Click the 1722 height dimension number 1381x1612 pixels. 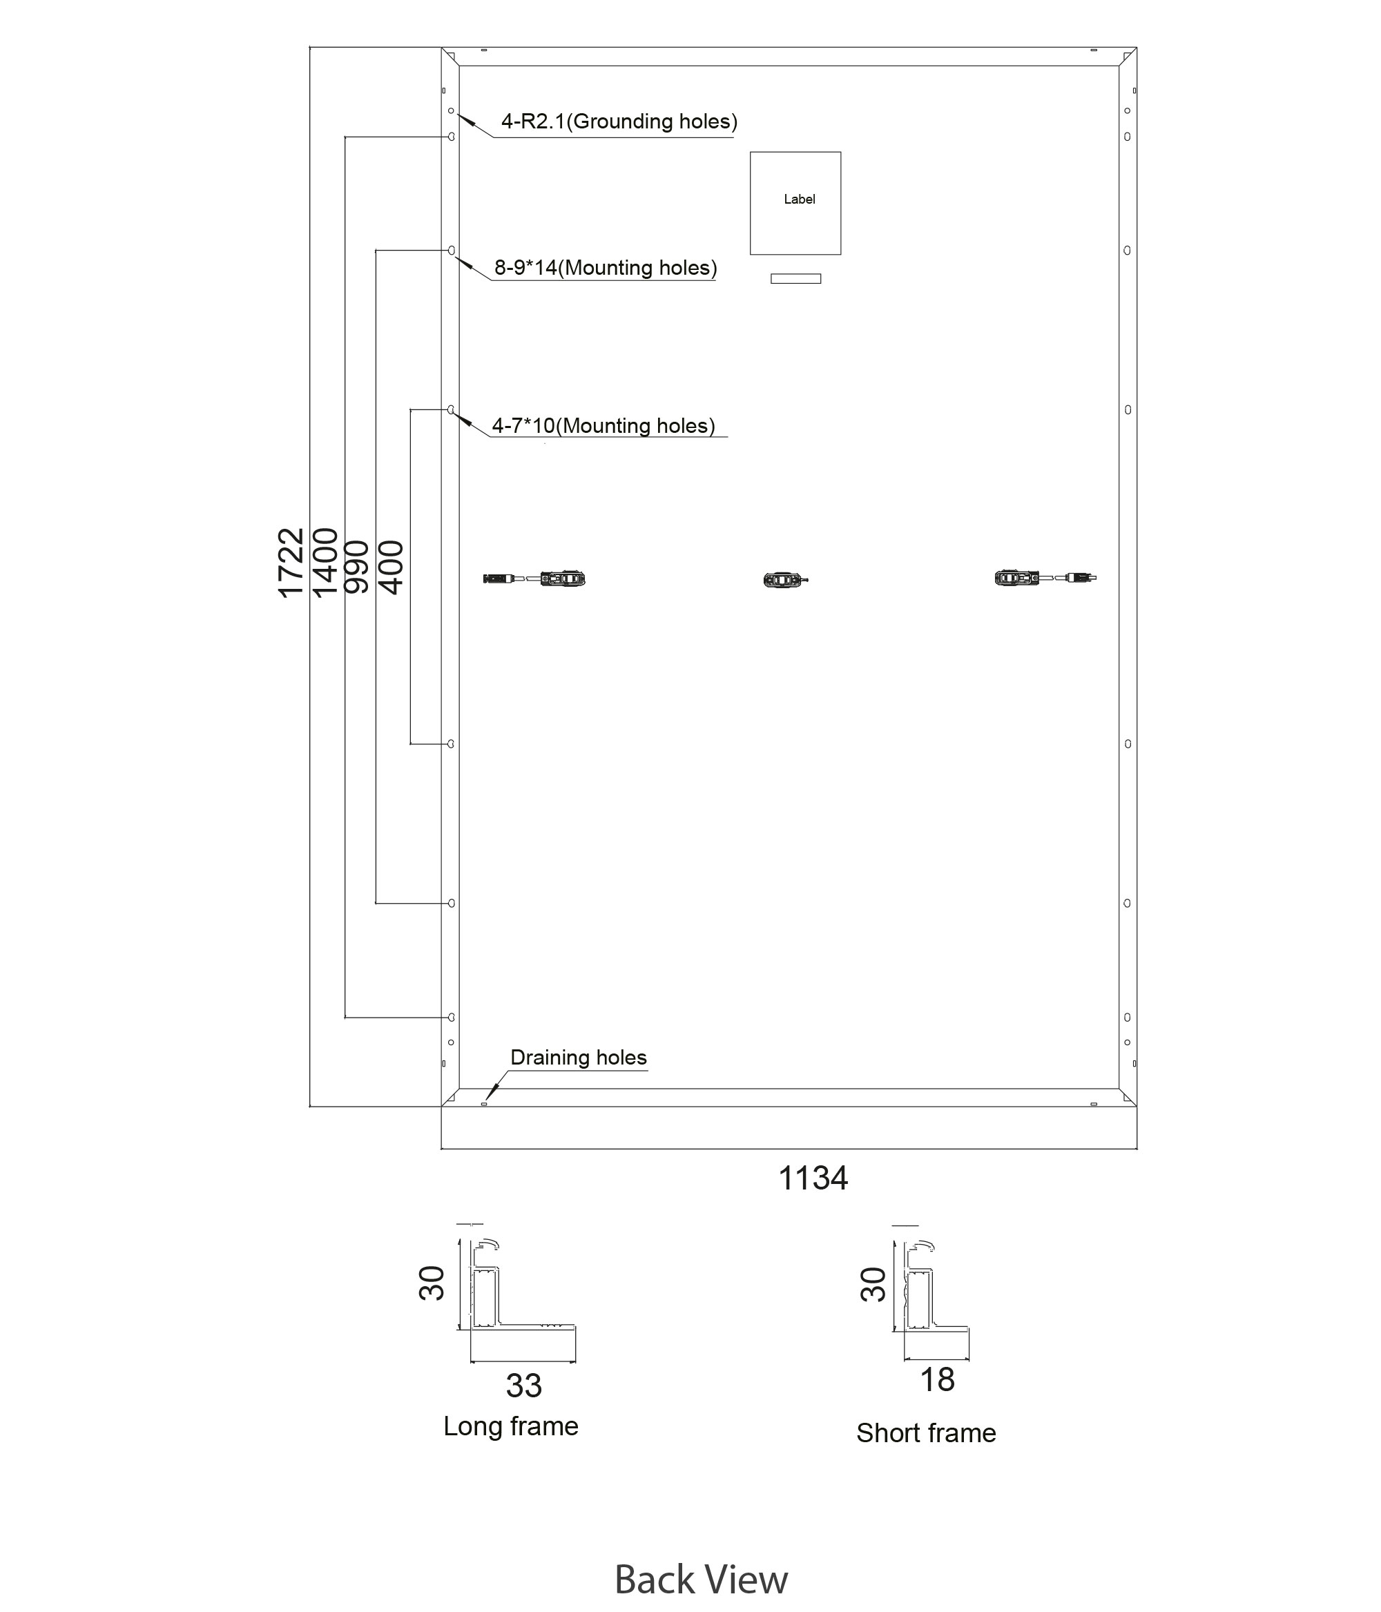pos(290,563)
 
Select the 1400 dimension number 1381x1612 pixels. pos(325,563)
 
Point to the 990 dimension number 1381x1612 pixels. pos(356,567)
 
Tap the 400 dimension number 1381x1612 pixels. pos(391,567)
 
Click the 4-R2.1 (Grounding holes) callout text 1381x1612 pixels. pos(619,122)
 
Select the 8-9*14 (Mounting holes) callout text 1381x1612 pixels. pos(606,268)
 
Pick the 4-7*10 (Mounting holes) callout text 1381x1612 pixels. pos(603,425)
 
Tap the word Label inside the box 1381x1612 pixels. pos(799,199)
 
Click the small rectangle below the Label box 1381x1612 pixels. pos(795,278)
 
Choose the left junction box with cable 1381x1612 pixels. pos(534,579)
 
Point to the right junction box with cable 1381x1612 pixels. pos(1045,578)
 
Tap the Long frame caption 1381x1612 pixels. pos(510,1426)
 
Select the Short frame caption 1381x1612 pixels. pos(926,1433)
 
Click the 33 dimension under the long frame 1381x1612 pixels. pos(523,1386)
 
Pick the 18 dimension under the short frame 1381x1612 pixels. pos(937,1379)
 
